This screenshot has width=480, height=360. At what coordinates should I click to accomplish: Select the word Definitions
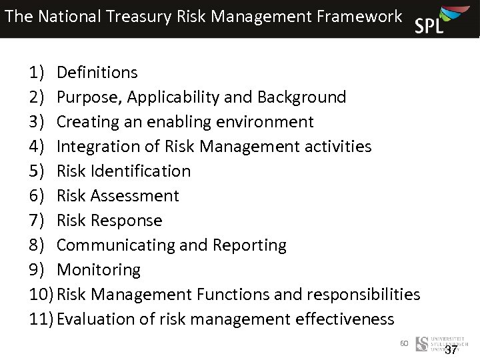97,72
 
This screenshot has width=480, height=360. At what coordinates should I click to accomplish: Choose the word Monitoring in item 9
99,269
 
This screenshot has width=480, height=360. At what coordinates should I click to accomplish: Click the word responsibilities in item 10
363,294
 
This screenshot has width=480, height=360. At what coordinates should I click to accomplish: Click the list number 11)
41,319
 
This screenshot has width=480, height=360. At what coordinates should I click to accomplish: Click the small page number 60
404,343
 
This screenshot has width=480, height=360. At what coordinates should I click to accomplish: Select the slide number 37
451,350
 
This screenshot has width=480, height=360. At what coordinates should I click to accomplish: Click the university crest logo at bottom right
422,344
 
